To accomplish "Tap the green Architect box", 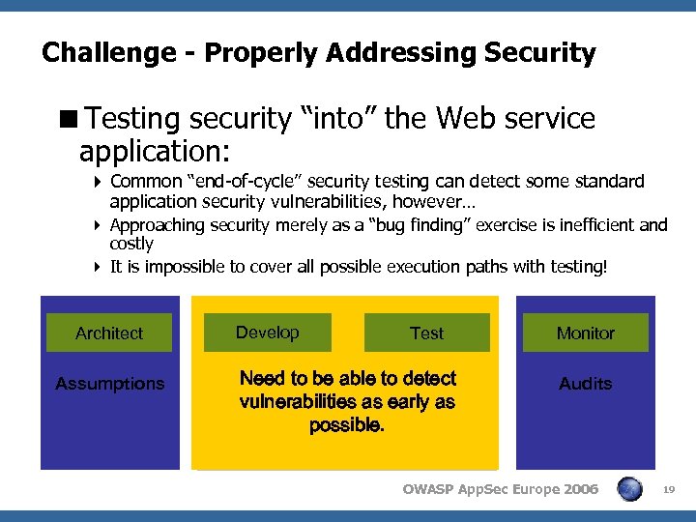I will pyautogui.click(x=109, y=333).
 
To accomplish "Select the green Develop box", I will pyautogui.click(x=267, y=333).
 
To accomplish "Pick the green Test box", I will pyautogui.click(x=426, y=333).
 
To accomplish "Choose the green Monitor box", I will pyautogui.click(x=585, y=333).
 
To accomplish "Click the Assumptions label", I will pyautogui.click(x=109, y=384).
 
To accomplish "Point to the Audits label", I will pyautogui.click(x=585, y=384).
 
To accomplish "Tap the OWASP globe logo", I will pyautogui.click(x=629, y=489).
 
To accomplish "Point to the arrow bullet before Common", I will pyautogui.click(x=99, y=182).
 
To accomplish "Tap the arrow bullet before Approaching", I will pyautogui.click(x=99, y=225).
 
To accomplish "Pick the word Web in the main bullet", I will pyautogui.click(x=467, y=119).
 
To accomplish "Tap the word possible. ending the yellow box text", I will pyautogui.click(x=346, y=425).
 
